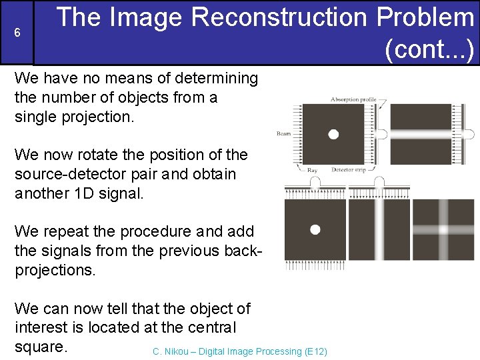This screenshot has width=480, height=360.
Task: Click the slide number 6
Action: coord(17,33)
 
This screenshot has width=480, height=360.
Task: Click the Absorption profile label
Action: coord(353,100)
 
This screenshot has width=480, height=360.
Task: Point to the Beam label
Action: coord(284,134)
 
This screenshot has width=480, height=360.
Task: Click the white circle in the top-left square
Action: coord(333,134)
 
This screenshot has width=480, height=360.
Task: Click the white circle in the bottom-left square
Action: coord(315,229)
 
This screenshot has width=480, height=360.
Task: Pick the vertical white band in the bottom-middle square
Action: coord(379,229)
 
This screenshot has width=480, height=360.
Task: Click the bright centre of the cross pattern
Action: coord(443,229)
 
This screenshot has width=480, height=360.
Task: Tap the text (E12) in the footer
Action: coord(315,351)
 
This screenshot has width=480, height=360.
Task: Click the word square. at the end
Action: coord(41,347)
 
